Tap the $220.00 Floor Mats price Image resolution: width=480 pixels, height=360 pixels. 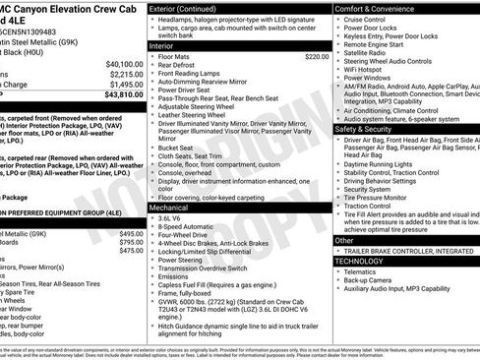click(x=316, y=57)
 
